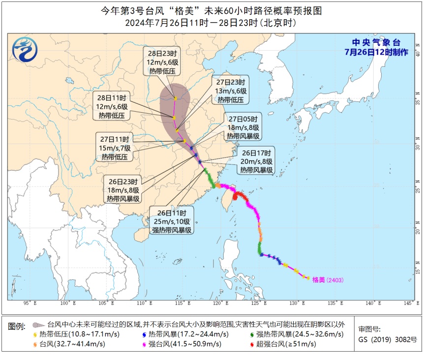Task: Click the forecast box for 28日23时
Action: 162,62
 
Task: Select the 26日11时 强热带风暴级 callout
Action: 172,221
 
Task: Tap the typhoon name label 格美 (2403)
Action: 328,280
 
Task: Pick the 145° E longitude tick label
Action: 408,303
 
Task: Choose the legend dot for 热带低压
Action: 35,334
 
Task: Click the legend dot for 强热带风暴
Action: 251,334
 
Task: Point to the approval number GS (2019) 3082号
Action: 388,339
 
